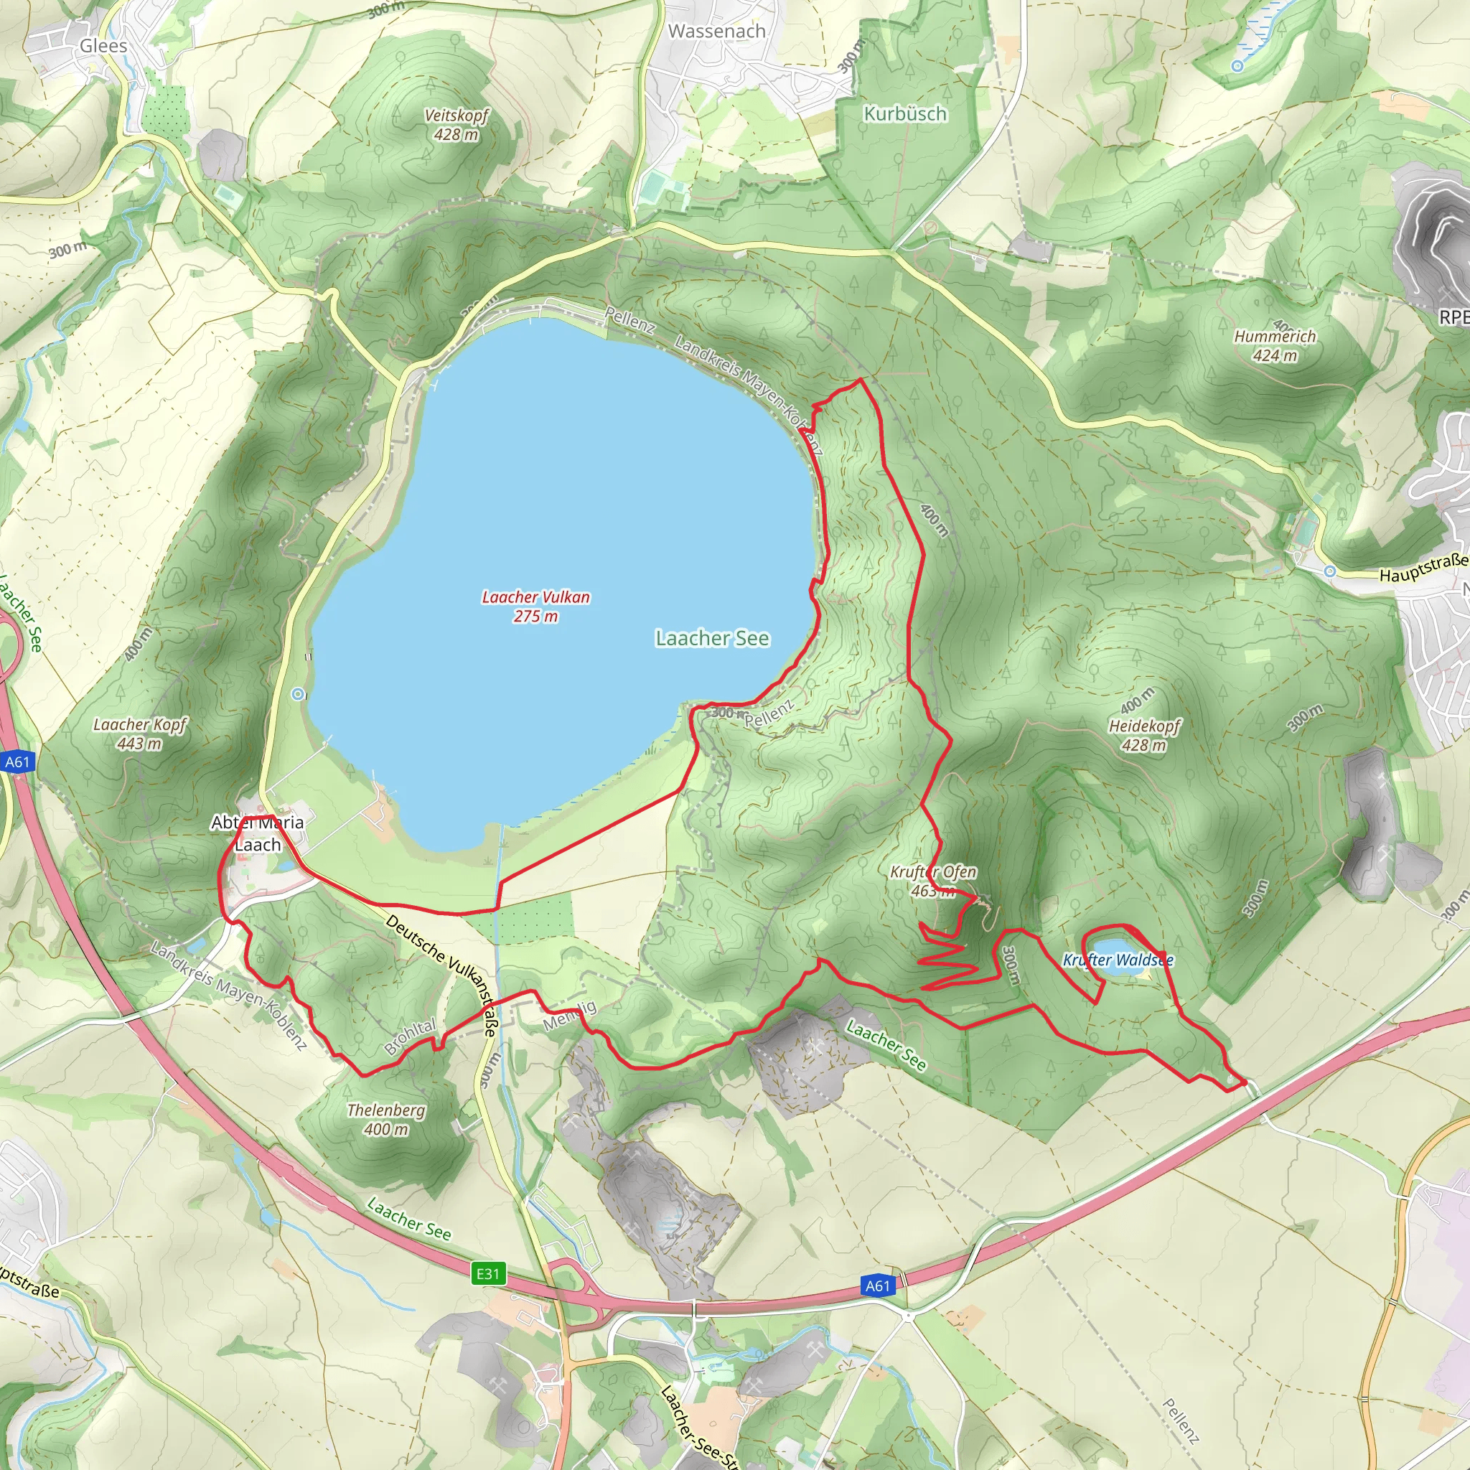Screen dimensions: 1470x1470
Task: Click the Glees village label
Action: (x=103, y=47)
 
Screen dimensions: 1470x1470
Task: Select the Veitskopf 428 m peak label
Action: (x=456, y=125)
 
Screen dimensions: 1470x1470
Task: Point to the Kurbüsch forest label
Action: (x=904, y=113)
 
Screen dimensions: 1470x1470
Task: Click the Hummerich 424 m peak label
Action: (x=1275, y=345)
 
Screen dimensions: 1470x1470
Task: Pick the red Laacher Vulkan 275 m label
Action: (x=535, y=607)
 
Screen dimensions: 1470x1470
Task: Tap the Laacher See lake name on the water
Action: (x=712, y=638)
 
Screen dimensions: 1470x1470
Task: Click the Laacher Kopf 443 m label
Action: (x=139, y=734)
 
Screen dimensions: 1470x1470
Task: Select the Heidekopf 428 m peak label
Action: (x=1143, y=735)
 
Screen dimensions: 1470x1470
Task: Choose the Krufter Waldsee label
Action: (x=1118, y=960)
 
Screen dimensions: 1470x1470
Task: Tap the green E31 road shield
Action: (x=487, y=1273)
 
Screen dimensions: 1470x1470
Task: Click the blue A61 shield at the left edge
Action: (x=17, y=762)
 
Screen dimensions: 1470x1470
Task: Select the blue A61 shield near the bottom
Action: (x=877, y=1286)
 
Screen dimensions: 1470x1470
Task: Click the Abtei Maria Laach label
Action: (x=257, y=833)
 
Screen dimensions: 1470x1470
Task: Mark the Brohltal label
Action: (x=410, y=1036)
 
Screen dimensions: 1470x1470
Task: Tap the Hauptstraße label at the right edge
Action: (x=1423, y=568)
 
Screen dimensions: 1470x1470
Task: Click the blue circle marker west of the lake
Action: (x=299, y=693)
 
